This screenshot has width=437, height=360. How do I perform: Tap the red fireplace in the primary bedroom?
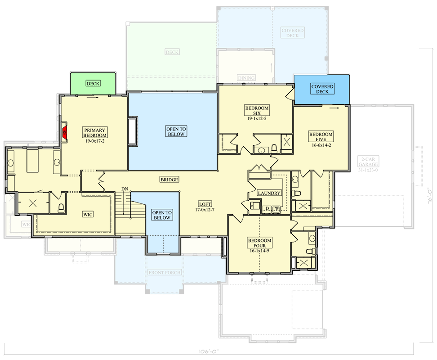[64, 132]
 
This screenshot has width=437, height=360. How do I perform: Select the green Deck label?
[93, 83]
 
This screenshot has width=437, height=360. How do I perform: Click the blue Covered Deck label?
[322, 89]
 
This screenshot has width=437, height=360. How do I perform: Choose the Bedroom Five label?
[321, 137]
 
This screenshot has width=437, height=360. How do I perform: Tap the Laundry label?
[269, 193]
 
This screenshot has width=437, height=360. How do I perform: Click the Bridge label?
[169, 180]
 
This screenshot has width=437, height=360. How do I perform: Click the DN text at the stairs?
[124, 189]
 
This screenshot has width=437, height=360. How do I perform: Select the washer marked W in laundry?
[276, 208]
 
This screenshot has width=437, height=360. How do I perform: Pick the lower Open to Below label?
[161, 215]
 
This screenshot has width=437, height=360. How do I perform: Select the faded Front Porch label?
[165, 273]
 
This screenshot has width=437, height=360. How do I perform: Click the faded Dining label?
[246, 78]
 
